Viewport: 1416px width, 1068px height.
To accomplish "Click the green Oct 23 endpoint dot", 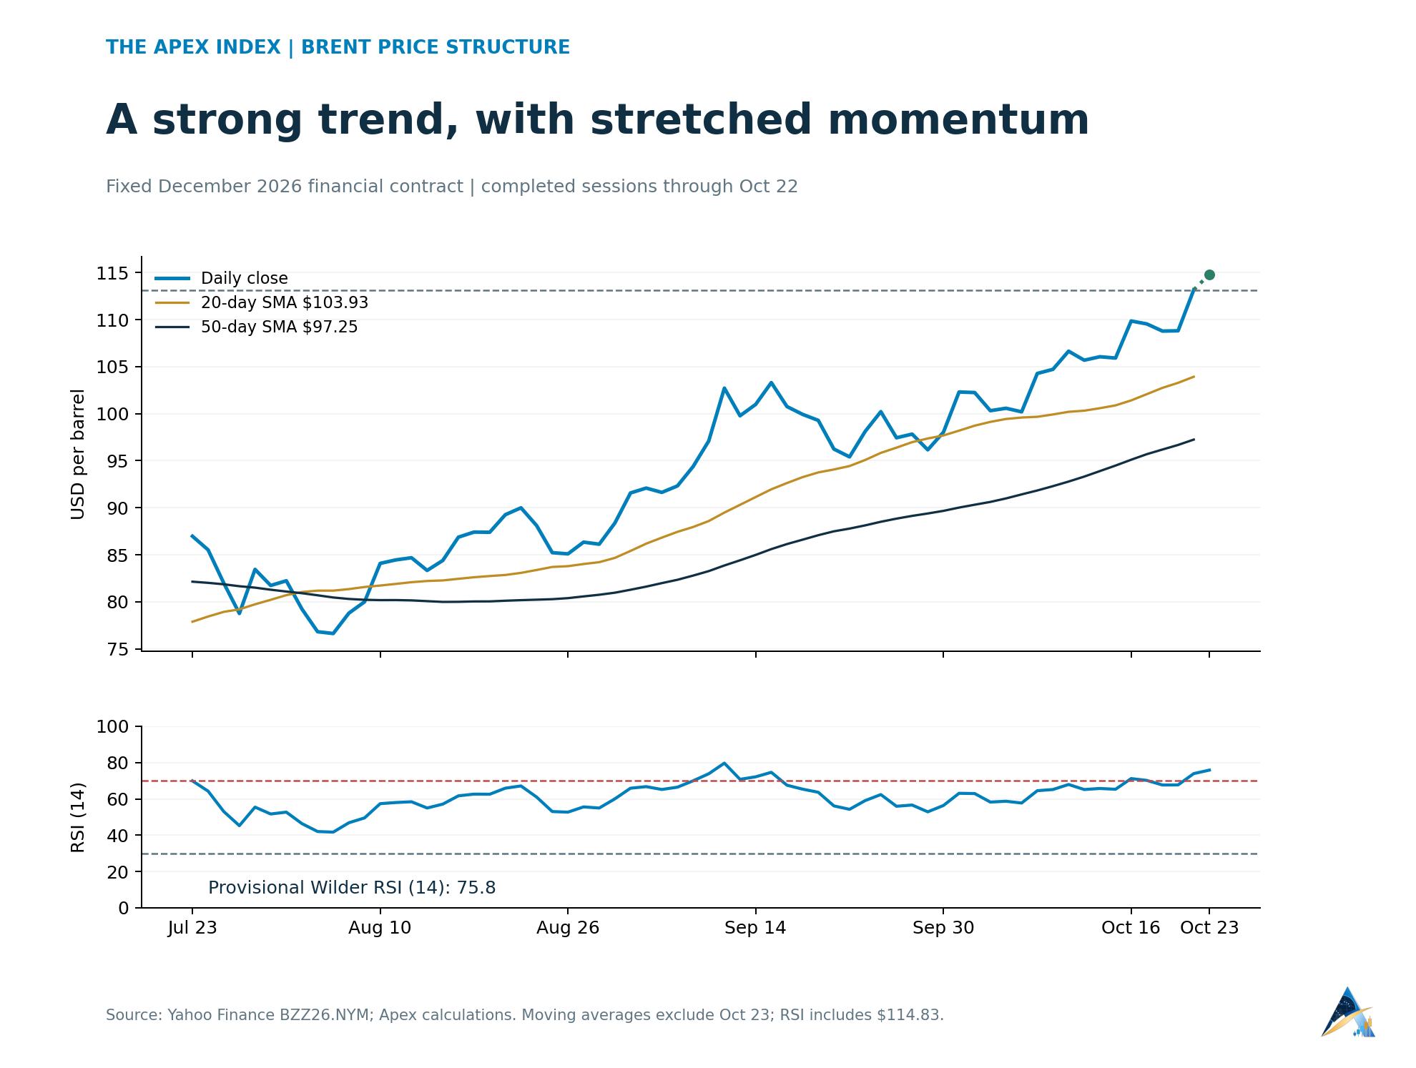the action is click(1209, 275).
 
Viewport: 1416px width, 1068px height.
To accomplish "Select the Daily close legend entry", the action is click(222, 278).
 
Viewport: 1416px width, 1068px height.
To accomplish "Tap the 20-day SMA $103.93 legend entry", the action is click(262, 302).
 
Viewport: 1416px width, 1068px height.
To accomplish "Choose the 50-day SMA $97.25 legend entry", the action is click(256, 327).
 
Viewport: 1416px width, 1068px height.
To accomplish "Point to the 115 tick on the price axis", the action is click(113, 273).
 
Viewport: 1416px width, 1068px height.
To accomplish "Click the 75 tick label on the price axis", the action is click(118, 649).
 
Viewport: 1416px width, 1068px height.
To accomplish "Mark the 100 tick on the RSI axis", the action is click(113, 727).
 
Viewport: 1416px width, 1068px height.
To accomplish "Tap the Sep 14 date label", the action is click(755, 928).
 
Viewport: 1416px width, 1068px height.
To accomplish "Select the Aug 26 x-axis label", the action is click(568, 928).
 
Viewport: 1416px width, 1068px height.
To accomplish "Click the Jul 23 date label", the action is click(192, 928).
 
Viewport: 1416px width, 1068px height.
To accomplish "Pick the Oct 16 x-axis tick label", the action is click(1131, 928).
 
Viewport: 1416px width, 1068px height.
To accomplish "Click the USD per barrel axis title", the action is click(78, 455).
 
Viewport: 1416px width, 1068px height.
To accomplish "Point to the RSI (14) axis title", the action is click(78, 817).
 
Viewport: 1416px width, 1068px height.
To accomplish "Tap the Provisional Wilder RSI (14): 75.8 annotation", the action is click(352, 888).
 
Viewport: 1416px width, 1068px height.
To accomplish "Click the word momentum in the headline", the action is click(958, 119).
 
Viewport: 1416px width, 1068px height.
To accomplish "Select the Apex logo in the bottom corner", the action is click(1348, 1012).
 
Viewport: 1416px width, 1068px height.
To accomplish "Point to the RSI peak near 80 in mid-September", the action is click(724, 763).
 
